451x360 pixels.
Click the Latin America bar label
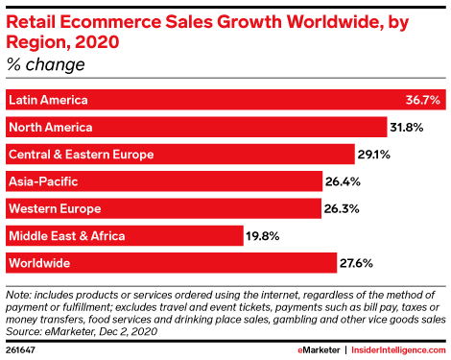point(48,100)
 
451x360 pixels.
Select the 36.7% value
point(423,100)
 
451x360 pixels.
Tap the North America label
point(50,127)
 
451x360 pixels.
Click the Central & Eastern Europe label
point(80,154)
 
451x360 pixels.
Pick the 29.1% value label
point(374,154)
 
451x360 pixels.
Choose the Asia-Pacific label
point(42,180)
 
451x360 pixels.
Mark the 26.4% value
point(343,180)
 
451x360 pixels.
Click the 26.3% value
point(343,207)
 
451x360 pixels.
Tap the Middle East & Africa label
point(66,234)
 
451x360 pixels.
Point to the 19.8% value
point(265,234)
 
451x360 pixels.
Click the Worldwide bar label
point(40,261)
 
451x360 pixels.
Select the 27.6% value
point(357,261)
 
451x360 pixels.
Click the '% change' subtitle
point(44,65)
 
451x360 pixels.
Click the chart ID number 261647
point(21,349)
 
